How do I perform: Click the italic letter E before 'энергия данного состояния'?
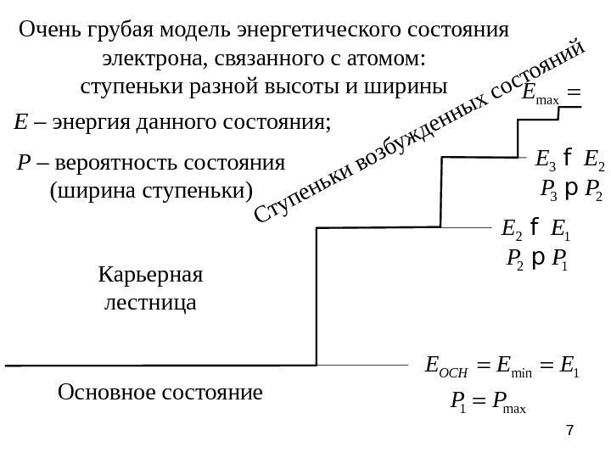[x=20, y=125]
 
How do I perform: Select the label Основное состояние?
[x=160, y=394]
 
